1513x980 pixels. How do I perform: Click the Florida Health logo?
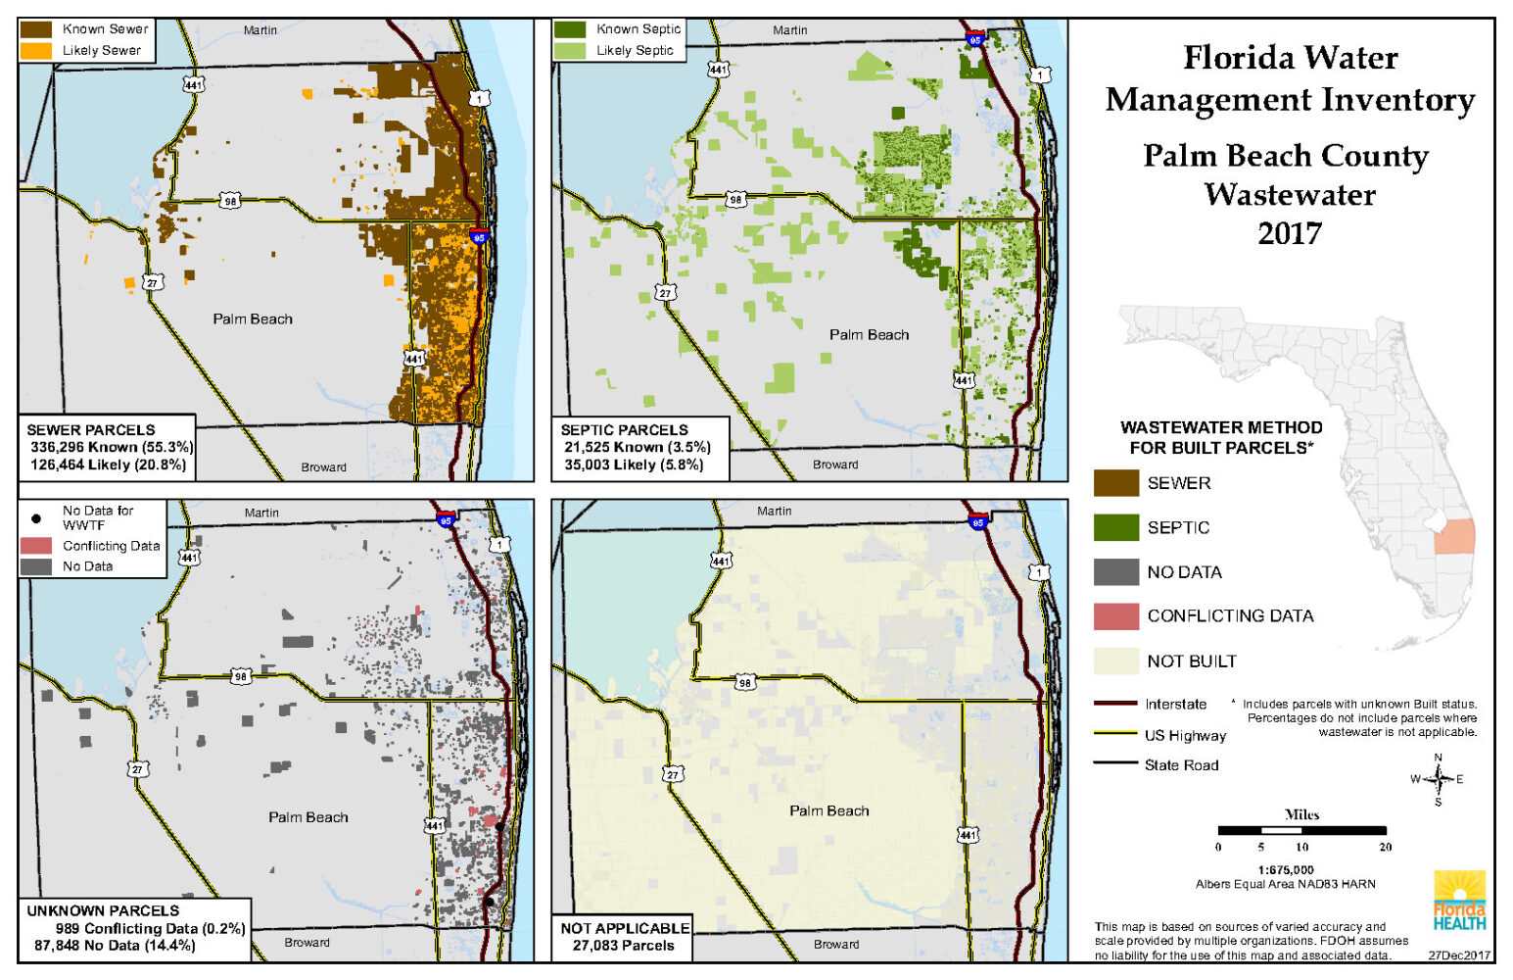(1459, 901)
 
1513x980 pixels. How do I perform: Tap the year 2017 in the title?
(1289, 234)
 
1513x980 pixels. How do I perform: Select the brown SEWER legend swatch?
(1115, 483)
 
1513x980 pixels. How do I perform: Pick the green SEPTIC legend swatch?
(1115, 527)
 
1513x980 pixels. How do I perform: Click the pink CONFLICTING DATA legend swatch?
(1115, 616)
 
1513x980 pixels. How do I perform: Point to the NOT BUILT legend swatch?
(1115, 661)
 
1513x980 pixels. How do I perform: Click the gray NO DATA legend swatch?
(1115, 572)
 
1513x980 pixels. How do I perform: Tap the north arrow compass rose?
(1438, 780)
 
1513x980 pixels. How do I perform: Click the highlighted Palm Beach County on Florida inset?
(1454, 536)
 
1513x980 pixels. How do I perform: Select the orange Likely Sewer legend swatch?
(36, 50)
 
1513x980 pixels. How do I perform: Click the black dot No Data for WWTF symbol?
(36, 517)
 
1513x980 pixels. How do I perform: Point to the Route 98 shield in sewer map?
(229, 201)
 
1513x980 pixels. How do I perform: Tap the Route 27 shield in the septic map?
(665, 293)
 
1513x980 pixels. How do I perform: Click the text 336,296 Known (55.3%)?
(111, 447)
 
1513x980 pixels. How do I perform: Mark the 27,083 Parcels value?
(623, 946)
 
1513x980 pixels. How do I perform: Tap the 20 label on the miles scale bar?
(1385, 847)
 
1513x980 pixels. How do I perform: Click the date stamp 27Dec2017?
(1458, 955)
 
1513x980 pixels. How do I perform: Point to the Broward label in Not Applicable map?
(836, 945)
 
